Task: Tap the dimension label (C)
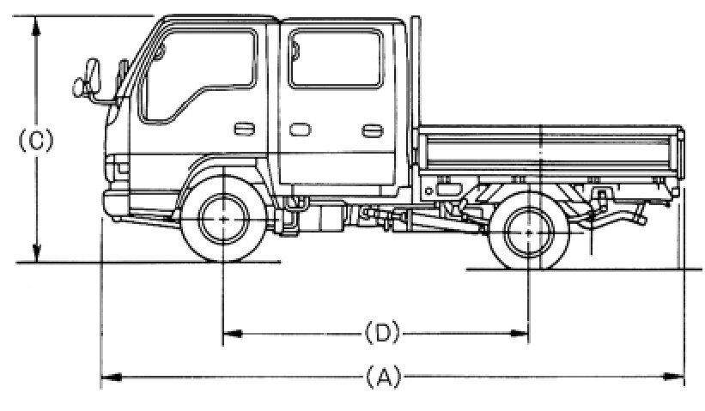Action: [x=36, y=141]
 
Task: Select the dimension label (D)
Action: [x=378, y=331]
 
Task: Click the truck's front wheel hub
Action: [x=222, y=220]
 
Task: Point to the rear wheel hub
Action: [x=527, y=229]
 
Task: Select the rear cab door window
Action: [x=335, y=57]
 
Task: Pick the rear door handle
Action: [x=372, y=130]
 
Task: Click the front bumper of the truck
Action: [x=116, y=202]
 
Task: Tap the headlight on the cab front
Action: [x=115, y=166]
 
